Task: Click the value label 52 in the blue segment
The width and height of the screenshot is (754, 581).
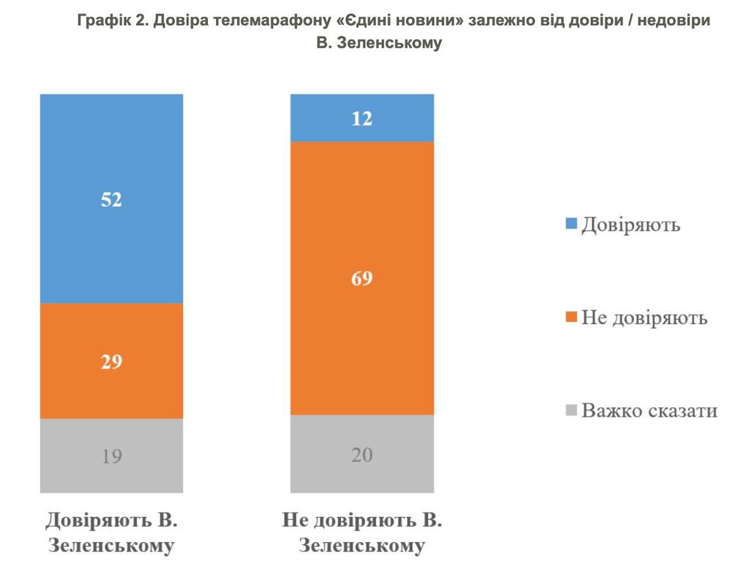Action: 111,200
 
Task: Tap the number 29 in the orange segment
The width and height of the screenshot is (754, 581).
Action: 111,361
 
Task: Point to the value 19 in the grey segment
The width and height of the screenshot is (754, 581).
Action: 111,456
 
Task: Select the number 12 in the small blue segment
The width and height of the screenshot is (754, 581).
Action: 362,118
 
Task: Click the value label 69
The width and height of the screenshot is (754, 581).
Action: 362,278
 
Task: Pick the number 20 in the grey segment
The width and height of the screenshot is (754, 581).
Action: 362,454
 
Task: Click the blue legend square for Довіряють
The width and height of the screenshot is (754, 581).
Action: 571,224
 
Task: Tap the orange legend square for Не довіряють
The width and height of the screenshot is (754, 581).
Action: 571,317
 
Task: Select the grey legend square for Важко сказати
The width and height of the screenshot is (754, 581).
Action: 571,410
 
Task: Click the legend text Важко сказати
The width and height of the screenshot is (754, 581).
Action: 649,410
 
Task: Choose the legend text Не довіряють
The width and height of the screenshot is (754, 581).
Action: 644,318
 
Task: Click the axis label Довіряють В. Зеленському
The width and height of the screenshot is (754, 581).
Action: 111,532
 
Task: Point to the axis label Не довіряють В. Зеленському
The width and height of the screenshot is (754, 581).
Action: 362,532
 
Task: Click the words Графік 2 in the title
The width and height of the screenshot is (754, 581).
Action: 113,21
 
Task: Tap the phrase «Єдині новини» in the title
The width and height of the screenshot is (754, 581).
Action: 399,21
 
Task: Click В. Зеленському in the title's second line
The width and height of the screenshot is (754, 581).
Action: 379,43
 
